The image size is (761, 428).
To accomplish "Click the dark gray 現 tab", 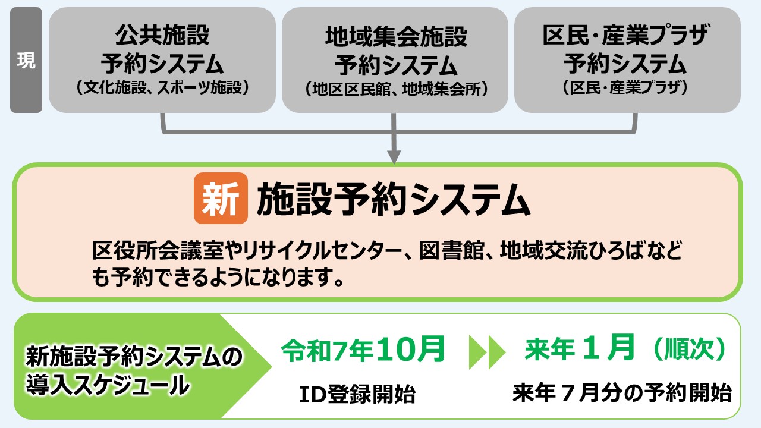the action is click(26, 60).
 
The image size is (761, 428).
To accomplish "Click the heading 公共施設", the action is click(162, 35).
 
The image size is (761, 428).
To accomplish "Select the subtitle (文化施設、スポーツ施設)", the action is click(162, 87).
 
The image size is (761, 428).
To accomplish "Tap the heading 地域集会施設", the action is click(396, 37).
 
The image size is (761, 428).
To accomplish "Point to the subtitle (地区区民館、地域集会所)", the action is click(396, 89).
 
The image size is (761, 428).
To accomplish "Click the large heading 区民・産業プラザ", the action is click(625, 35).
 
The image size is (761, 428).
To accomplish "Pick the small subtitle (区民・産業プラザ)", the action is click(625, 87).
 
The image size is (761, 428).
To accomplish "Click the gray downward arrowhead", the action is click(394, 157).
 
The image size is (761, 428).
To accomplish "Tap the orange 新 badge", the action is click(221, 198).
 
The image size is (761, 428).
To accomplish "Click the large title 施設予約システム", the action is click(394, 199).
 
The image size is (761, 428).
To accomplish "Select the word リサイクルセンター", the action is click(322, 251).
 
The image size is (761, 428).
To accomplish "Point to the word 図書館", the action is click(451, 251).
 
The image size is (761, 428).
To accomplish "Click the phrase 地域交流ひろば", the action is click(572, 251).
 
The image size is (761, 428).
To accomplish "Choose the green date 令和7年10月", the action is click(363, 349).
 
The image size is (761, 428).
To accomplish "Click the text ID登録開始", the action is click(357, 394).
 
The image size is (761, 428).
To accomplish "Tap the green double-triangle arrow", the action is click(487, 353).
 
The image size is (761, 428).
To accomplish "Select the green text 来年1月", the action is click(580, 348).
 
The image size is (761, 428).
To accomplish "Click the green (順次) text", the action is click(690, 349).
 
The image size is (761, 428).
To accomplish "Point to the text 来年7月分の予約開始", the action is click(622, 393).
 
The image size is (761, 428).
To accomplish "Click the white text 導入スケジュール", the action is click(108, 386).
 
